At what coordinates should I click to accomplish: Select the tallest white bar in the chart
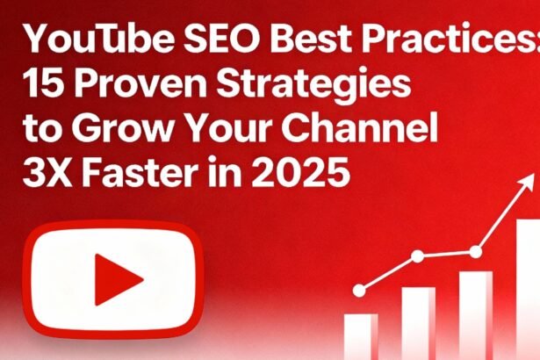528,290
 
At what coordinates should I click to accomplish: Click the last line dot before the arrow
476,252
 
